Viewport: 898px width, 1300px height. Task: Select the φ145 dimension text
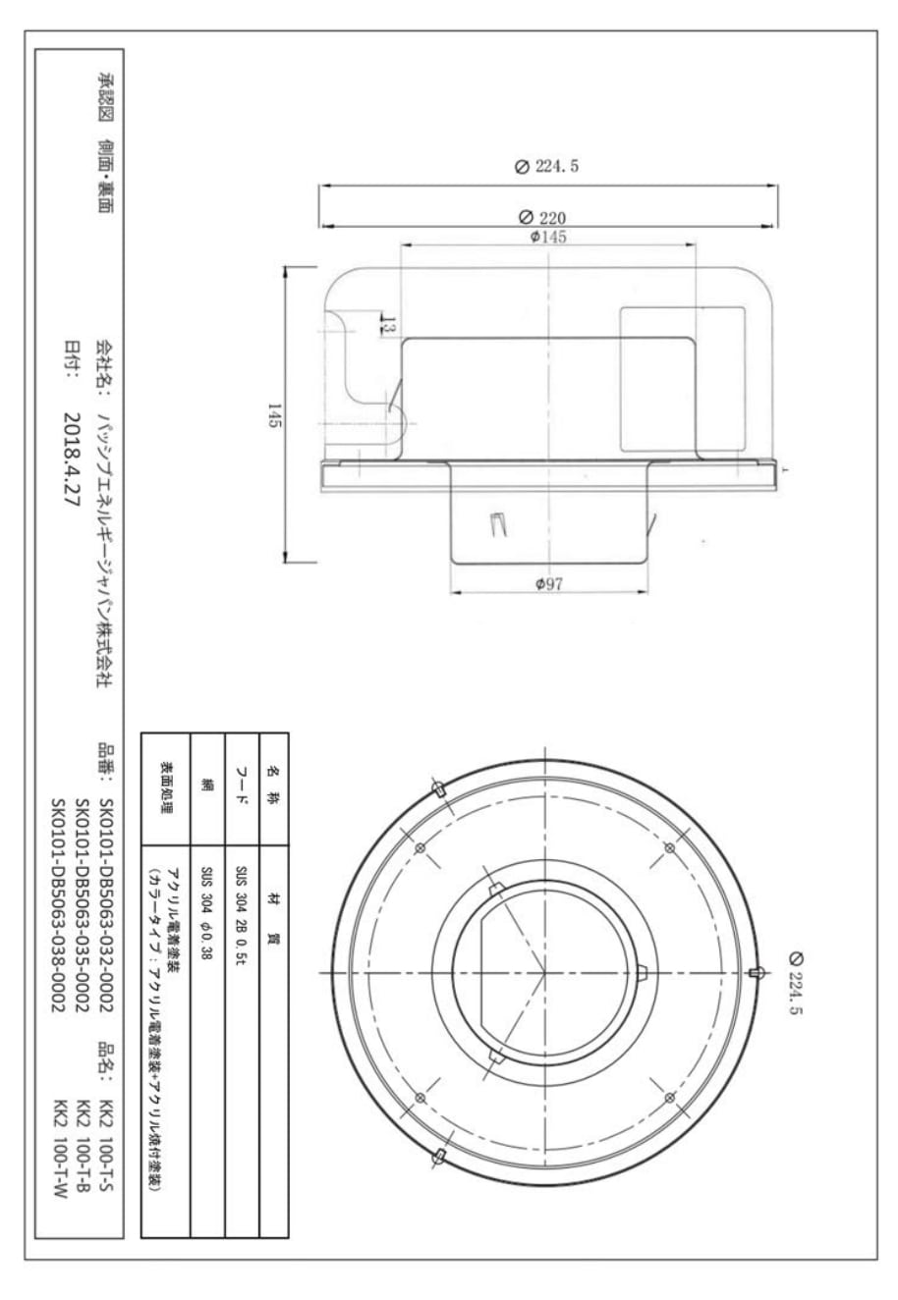point(547,237)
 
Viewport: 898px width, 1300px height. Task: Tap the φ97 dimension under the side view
point(548,583)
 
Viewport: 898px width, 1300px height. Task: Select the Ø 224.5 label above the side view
point(546,166)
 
